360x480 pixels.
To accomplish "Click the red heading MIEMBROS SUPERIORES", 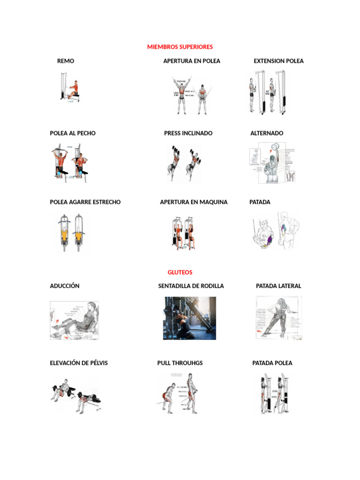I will point(180,47).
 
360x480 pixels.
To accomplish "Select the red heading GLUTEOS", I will point(180,272).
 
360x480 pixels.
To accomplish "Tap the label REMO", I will point(66,61).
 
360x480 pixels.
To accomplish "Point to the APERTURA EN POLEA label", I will point(192,61).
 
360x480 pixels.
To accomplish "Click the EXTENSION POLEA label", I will point(278,61).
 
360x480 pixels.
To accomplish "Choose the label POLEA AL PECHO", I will point(73,133).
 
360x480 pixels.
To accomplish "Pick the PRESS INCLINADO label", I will point(188,133).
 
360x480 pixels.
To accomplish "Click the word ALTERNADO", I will point(267,133).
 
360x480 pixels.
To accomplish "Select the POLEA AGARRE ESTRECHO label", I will point(85,202).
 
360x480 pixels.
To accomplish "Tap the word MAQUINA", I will point(213,202).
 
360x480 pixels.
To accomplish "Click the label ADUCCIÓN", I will point(65,286).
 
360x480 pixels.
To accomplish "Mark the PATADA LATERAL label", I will point(278,286).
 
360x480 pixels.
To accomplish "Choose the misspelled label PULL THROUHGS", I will point(180,363).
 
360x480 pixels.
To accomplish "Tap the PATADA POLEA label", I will point(272,363).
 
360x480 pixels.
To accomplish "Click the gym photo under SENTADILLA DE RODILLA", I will point(189,318).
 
